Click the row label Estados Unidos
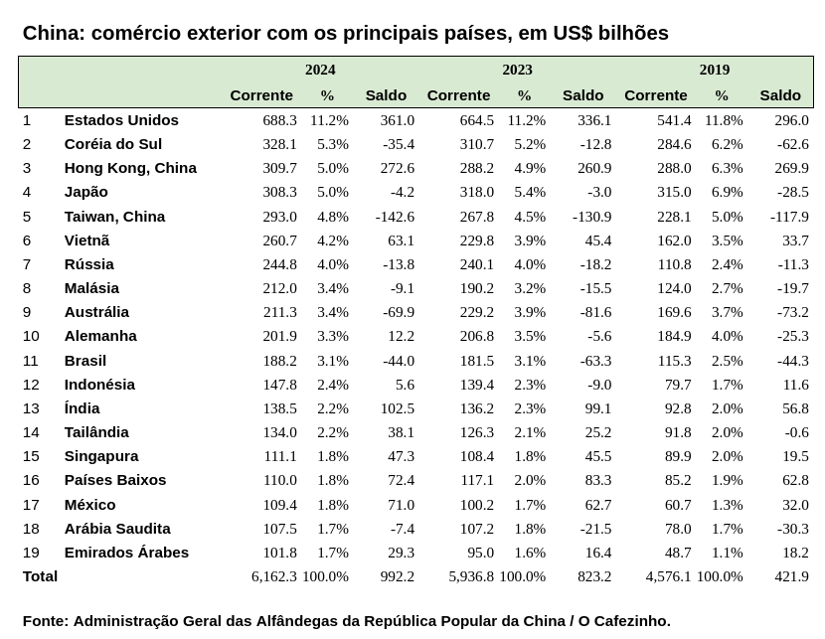click(121, 120)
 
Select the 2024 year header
click(320, 70)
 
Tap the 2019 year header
click(714, 70)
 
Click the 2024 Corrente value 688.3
click(279, 120)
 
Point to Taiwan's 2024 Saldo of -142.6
click(395, 217)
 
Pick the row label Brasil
click(85, 361)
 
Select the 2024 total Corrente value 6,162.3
click(274, 576)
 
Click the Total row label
click(40, 576)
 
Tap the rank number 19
click(31, 553)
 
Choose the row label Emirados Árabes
click(126, 553)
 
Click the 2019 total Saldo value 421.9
click(791, 576)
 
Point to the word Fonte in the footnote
click(44, 621)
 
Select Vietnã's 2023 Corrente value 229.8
click(477, 240)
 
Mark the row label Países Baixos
click(115, 480)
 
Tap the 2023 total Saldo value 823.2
click(594, 576)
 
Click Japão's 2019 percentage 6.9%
click(728, 192)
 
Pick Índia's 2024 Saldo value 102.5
click(398, 408)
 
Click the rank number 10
click(31, 336)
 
